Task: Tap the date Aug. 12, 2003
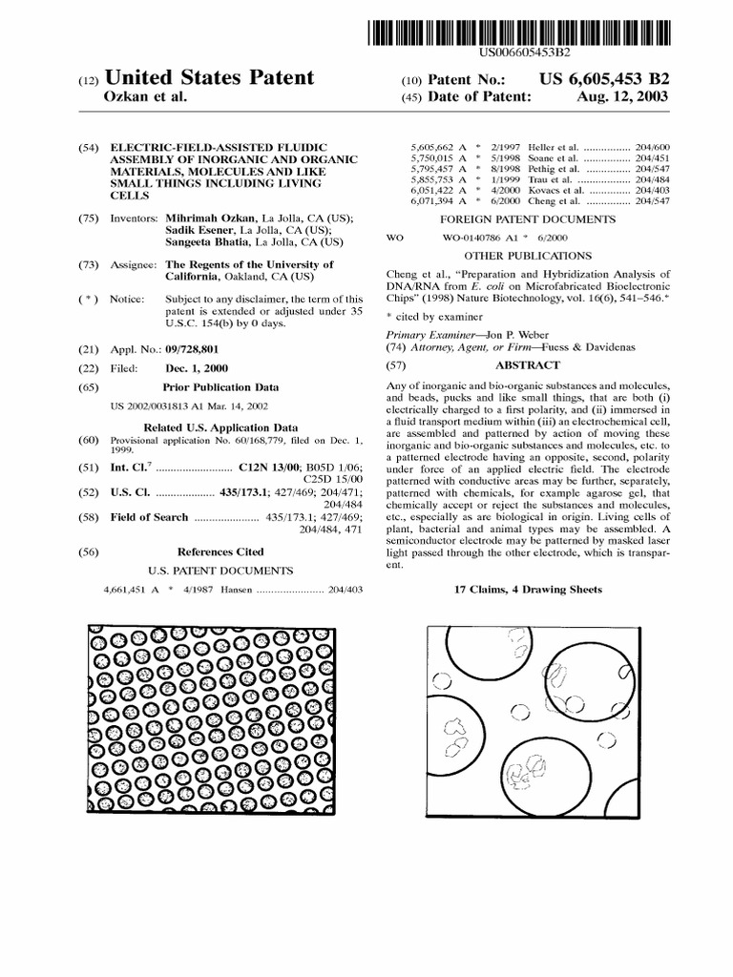pyautogui.click(x=623, y=97)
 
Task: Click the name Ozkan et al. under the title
pyautogui.click(x=143, y=97)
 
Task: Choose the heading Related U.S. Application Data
pyautogui.click(x=220, y=427)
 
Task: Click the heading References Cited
pyautogui.click(x=220, y=551)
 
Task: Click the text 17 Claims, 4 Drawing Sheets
pyautogui.click(x=529, y=590)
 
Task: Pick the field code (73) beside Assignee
pyautogui.click(x=88, y=264)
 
